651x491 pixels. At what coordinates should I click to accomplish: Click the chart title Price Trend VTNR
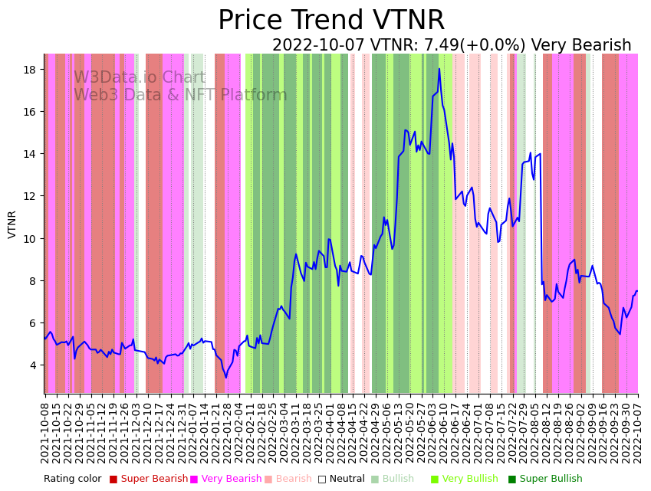click(x=330, y=21)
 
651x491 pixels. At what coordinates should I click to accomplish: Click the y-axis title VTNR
click(x=12, y=224)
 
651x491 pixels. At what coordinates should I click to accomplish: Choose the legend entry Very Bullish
click(x=469, y=479)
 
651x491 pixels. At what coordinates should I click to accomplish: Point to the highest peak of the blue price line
click(x=439, y=69)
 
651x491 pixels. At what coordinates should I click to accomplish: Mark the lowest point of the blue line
click(x=225, y=377)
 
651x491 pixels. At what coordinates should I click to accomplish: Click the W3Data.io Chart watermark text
click(x=140, y=78)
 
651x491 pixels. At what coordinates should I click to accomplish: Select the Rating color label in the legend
click(x=72, y=479)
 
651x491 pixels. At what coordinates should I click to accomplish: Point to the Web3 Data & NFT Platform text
click(x=180, y=95)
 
